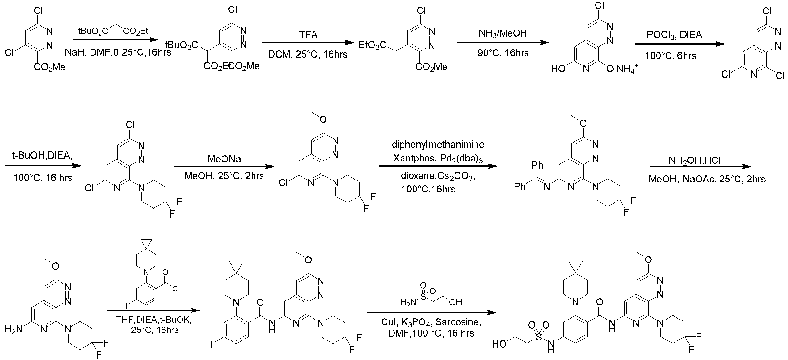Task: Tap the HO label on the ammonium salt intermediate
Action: click(x=558, y=69)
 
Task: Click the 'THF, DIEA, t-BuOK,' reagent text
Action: click(x=149, y=320)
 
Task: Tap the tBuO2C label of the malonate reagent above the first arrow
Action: click(x=92, y=31)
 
